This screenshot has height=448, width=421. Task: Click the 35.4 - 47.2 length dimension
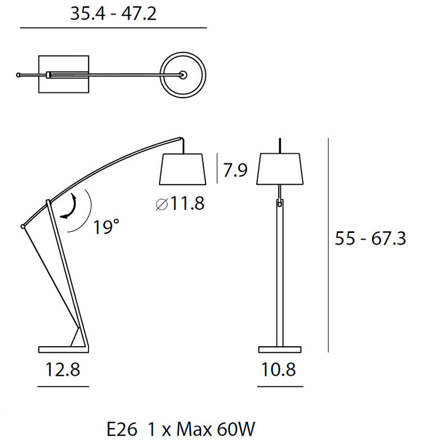click(x=113, y=13)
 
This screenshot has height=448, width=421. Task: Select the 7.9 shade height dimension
click(x=235, y=169)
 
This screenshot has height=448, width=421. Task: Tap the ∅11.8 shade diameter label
click(x=179, y=204)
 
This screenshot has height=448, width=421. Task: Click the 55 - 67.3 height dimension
click(x=370, y=239)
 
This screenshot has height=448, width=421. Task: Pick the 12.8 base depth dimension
click(x=62, y=370)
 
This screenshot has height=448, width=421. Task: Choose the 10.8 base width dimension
click(x=280, y=370)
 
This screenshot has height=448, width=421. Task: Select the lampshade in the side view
click(x=184, y=169)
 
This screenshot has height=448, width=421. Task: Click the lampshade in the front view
click(x=280, y=169)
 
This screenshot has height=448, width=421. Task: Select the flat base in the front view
click(x=280, y=349)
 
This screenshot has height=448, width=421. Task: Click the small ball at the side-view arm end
click(x=22, y=226)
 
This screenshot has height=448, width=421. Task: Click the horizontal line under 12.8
click(x=63, y=386)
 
